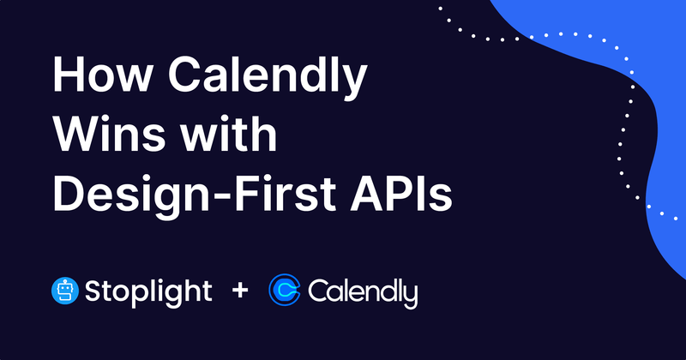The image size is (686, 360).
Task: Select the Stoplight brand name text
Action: pyautogui.click(x=148, y=291)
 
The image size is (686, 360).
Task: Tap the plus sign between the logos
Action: pyautogui.click(x=240, y=291)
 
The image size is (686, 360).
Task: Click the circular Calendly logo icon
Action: pyautogui.click(x=285, y=291)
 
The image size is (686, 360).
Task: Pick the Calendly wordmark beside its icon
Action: pyautogui.click(x=363, y=291)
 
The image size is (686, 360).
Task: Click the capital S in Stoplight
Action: pyautogui.click(x=94, y=291)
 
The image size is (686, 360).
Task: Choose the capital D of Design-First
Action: pyautogui.click(x=71, y=195)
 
